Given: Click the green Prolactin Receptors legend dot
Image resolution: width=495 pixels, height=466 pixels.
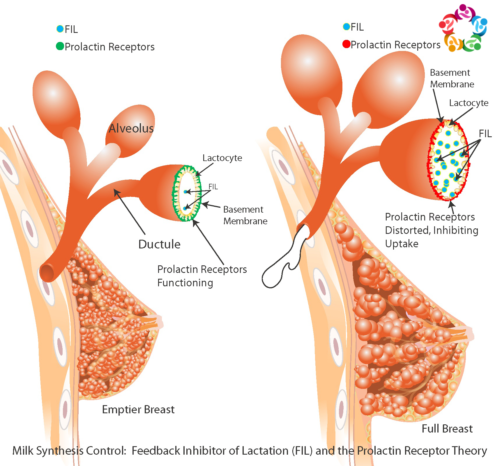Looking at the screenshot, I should click(x=60, y=46).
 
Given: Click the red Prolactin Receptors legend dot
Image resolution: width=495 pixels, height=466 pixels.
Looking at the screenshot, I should click(x=346, y=44).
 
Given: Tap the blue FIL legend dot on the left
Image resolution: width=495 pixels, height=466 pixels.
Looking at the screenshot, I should click(x=60, y=29).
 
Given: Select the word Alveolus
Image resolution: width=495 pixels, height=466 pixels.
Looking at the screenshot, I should click(x=131, y=128).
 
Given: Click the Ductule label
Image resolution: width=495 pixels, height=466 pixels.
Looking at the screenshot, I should click(x=159, y=244).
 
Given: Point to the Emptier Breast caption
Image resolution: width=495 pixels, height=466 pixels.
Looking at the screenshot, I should click(x=138, y=409).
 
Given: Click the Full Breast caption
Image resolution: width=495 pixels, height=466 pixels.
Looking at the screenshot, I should click(x=447, y=429).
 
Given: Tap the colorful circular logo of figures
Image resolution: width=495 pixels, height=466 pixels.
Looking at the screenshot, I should click(x=463, y=28).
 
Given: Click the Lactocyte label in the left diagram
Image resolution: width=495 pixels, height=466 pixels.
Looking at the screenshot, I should click(x=222, y=158).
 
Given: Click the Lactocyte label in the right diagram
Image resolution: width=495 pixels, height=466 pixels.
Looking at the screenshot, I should click(x=469, y=103).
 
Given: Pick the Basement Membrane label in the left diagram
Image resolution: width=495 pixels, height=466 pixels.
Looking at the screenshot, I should click(x=245, y=215).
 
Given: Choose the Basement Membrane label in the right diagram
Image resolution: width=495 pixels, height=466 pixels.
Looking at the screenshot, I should click(x=452, y=78).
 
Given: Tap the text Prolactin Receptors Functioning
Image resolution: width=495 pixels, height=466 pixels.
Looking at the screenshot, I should click(x=202, y=276).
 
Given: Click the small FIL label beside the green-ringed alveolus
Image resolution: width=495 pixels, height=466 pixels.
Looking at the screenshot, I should click(x=213, y=187).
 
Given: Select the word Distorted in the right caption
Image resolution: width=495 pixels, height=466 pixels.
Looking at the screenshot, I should click(x=408, y=230).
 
